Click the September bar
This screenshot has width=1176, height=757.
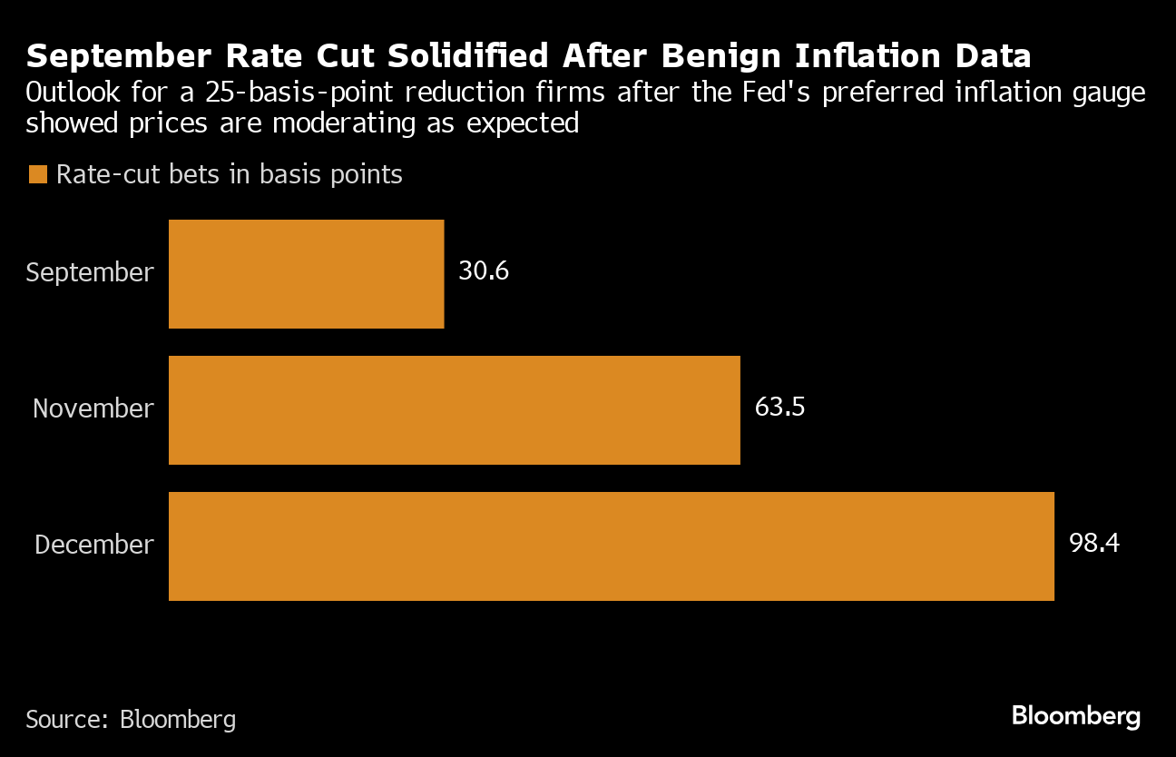(x=306, y=273)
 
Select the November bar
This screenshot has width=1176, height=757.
(x=454, y=409)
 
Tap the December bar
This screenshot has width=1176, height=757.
(x=611, y=546)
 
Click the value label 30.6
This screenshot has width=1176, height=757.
(x=483, y=271)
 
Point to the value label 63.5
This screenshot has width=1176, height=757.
(x=779, y=408)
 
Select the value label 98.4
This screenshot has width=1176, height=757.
(x=1093, y=544)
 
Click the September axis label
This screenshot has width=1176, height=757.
(x=90, y=272)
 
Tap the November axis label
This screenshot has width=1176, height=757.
(x=93, y=408)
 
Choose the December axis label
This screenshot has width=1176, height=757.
(x=94, y=545)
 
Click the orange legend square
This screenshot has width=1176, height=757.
(x=37, y=174)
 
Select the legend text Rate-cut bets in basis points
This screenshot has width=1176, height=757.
(x=229, y=174)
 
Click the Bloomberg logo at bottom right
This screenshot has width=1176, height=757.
(x=1075, y=716)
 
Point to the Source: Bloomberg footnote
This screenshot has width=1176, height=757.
(x=131, y=720)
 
